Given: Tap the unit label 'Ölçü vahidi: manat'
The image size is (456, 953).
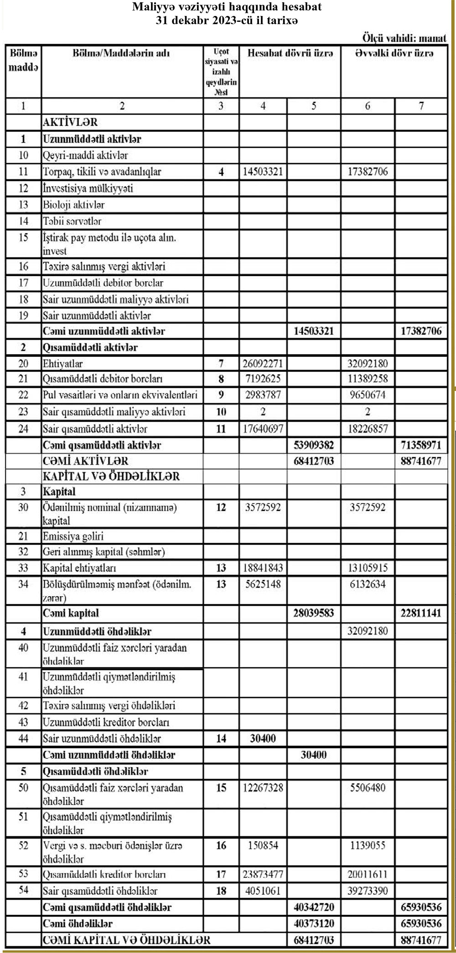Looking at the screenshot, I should [x=404, y=37].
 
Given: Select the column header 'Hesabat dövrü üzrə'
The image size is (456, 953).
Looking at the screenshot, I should [x=290, y=53].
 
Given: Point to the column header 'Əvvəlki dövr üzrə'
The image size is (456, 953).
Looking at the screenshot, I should [x=394, y=53].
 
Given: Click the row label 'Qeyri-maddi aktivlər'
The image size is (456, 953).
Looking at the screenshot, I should [x=85, y=155].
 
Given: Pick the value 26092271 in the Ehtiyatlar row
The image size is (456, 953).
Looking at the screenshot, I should [x=263, y=364].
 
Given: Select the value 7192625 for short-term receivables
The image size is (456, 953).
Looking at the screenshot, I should [x=263, y=379].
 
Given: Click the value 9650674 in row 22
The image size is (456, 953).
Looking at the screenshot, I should [x=368, y=395].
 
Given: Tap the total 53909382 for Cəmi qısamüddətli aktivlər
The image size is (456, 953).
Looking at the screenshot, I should [x=314, y=445].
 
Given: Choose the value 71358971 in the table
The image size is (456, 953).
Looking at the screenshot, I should [x=421, y=445].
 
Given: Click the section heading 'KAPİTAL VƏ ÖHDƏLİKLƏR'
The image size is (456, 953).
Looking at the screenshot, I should [x=111, y=477].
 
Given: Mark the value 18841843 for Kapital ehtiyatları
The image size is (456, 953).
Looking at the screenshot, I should [x=263, y=568].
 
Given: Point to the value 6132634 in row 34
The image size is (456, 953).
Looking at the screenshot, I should [x=368, y=584].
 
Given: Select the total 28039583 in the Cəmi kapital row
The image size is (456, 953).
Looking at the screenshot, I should [x=314, y=613].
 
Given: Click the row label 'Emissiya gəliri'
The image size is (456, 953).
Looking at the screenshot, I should [x=73, y=536].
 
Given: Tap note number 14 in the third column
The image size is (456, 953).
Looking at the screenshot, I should [x=221, y=738].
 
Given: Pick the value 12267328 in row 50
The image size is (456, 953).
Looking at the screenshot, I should [x=263, y=788].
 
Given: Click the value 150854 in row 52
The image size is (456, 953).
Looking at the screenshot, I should [x=263, y=845].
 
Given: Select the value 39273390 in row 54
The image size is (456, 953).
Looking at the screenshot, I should [x=368, y=891].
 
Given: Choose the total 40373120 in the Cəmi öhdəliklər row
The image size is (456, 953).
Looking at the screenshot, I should [x=314, y=923].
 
